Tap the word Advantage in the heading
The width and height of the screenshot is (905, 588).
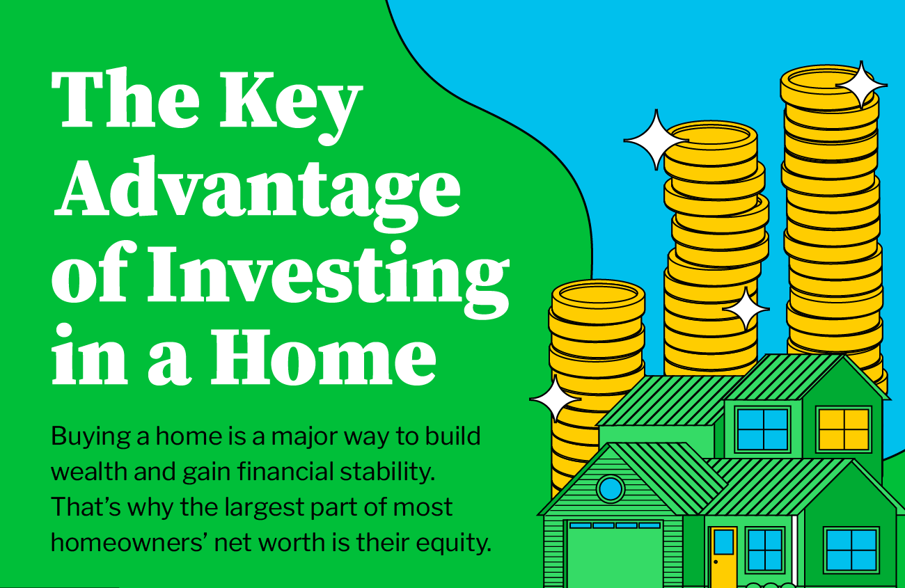258,189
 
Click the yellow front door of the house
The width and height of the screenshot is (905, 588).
723,555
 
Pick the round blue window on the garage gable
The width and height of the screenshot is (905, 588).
611,488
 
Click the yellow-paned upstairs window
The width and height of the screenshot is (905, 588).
843,428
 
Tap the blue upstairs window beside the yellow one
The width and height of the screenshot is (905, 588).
763,428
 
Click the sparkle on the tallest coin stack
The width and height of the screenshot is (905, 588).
861,84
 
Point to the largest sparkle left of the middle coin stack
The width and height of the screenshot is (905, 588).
654,140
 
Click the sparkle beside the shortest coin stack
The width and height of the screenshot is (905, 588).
555,399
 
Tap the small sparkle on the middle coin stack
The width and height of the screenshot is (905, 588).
746,309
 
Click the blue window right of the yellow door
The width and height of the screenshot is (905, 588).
764,550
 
